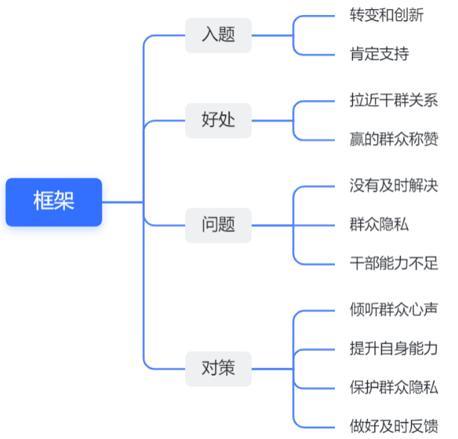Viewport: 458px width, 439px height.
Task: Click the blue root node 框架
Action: [54, 202]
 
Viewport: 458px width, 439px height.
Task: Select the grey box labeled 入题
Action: [219, 35]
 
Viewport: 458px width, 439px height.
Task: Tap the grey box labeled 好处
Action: [219, 120]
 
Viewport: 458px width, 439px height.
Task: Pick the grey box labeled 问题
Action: [219, 225]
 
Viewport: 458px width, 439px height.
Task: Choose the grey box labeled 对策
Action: [219, 369]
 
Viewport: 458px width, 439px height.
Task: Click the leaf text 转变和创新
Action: [386, 15]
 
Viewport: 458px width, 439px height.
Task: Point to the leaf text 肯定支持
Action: [379, 54]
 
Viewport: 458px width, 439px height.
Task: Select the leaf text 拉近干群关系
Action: [394, 100]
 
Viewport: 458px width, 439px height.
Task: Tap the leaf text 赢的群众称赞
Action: [394, 139]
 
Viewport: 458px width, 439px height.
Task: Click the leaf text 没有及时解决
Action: [394, 186]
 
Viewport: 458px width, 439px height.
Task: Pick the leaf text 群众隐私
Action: [379, 225]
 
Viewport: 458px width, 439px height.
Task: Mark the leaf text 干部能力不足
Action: [394, 264]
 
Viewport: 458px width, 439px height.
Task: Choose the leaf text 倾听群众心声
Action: [394, 310]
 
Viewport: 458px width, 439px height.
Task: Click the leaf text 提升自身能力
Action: [394, 349]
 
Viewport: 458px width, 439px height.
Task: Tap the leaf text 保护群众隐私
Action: [394, 387]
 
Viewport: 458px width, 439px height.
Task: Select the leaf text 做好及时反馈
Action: [394, 426]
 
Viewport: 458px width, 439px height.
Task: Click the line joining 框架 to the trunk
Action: [122, 202]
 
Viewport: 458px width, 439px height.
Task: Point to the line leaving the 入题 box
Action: [272, 35]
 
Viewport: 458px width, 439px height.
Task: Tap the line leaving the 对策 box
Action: [272, 369]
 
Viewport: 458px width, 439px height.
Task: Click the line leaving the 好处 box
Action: [272, 120]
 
